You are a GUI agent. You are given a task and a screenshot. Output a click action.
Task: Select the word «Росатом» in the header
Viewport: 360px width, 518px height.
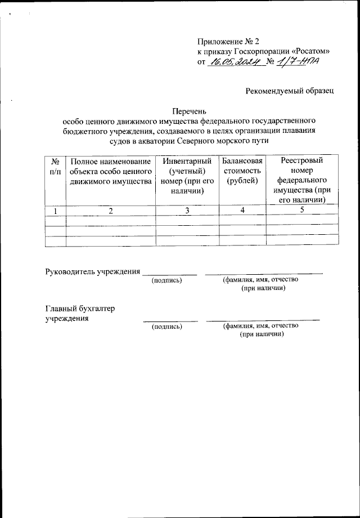coord(310,52)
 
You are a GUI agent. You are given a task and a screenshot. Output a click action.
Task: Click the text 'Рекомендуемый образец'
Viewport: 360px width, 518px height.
coord(290,91)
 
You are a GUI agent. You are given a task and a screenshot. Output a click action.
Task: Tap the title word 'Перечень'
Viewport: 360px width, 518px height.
coord(191,111)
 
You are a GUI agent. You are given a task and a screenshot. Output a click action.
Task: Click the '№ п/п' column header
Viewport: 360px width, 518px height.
coord(55,166)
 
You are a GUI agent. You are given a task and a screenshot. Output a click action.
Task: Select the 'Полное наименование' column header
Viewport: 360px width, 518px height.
coord(111,171)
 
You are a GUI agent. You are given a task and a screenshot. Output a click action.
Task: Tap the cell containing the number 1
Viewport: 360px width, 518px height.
coord(55,210)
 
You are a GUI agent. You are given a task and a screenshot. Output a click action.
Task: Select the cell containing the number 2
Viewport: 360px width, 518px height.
coord(111,210)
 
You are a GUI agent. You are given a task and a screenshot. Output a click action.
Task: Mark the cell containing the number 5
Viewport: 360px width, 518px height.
coord(302,210)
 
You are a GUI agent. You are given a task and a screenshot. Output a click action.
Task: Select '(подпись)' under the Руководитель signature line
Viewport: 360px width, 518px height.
coord(168,280)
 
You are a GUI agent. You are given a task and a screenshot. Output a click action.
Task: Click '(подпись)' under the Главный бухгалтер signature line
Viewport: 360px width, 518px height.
coord(168,326)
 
